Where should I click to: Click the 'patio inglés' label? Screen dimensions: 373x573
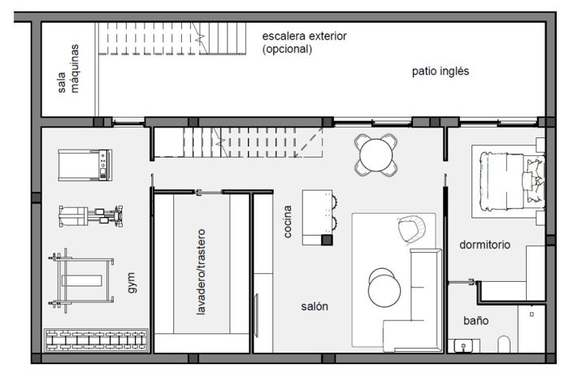pyautogui.click(x=440, y=72)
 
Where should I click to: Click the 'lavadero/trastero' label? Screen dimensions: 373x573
pyautogui.click(x=201, y=271)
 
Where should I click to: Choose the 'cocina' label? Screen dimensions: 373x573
pyautogui.click(x=288, y=220)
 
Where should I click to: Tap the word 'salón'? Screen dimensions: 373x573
pyautogui.click(x=315, y=306)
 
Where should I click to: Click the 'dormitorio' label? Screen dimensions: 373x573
pyautogui.click(x=484, y=244)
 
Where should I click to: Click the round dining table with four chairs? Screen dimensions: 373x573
pyautogui.click(x=376, y=154)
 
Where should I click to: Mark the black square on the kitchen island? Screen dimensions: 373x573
pyautogui.click(x=326, y=241)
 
